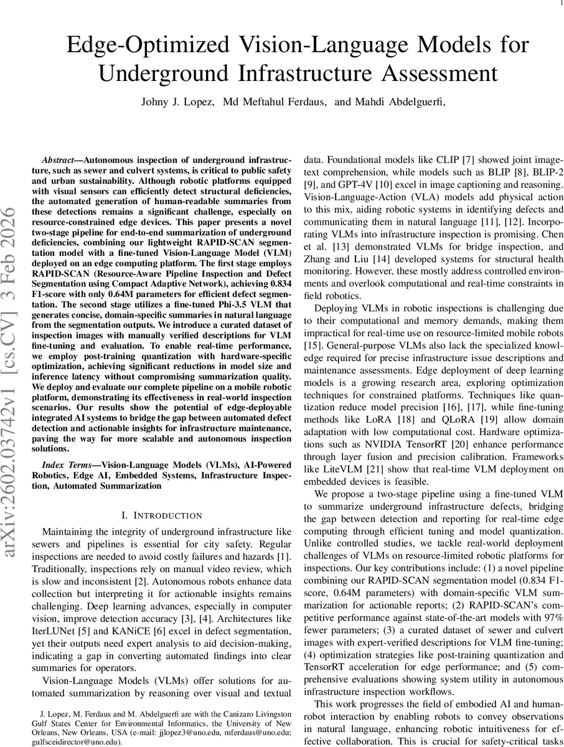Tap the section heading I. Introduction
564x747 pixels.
[162, 515]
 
